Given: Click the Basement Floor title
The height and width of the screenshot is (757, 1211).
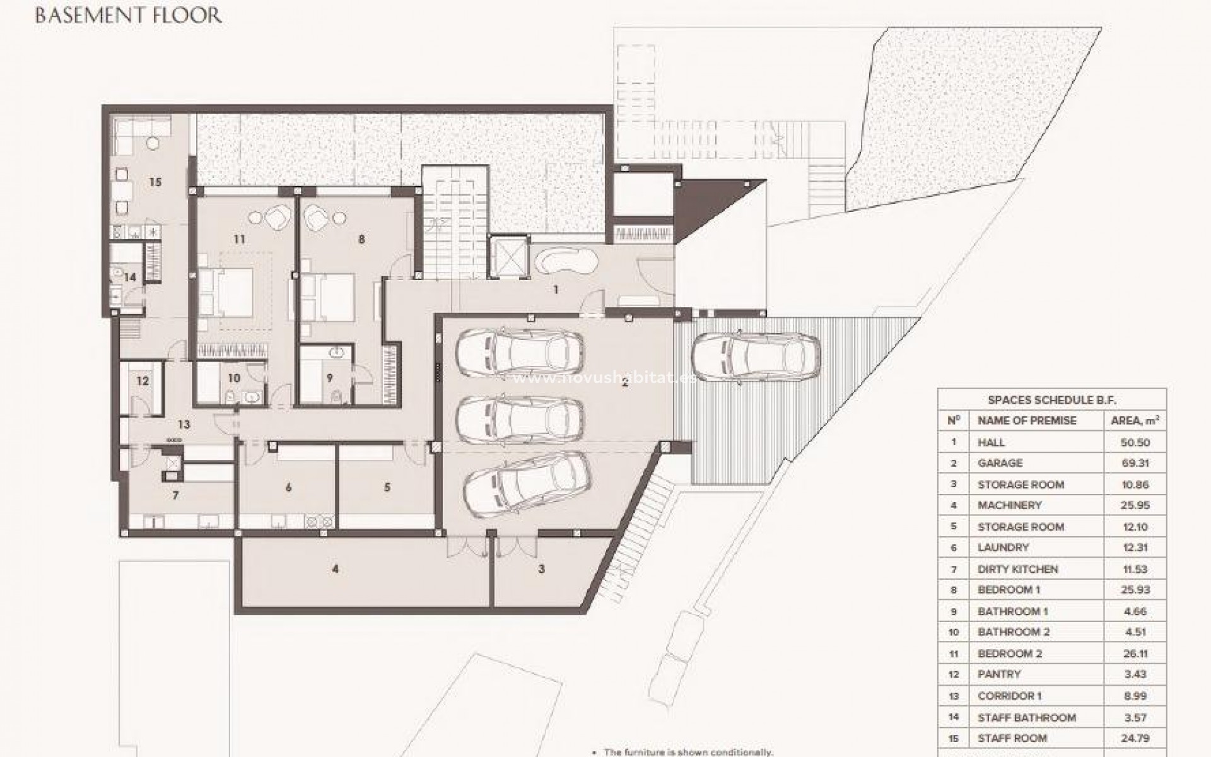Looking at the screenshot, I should click(128, 15).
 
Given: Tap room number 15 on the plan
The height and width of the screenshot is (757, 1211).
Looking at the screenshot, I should click(155, 182).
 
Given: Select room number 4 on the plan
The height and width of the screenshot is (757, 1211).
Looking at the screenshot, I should click(336, 569).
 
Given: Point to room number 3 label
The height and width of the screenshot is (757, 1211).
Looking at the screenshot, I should click(541, 569).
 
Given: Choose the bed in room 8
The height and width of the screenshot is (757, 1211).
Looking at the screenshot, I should click(328, 296).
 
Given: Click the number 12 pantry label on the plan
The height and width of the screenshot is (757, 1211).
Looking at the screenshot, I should click(143, 381).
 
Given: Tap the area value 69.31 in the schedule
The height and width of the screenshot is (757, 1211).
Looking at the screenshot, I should click(1135, 463).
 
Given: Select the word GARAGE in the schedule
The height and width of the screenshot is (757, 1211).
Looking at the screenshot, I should click(1000, 463).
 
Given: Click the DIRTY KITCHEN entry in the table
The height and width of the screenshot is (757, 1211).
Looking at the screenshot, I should click(1017, 569).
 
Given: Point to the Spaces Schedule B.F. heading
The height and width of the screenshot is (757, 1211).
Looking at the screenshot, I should click(1051, 400).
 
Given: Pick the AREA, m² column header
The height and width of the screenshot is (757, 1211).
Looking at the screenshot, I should click(1135, 421).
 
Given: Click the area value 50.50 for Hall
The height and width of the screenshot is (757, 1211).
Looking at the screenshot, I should click(1135, 442).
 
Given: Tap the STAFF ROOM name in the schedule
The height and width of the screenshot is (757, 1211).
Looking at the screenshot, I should click(1012, 738).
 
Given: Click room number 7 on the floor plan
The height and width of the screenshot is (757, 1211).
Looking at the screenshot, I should click(175, 496).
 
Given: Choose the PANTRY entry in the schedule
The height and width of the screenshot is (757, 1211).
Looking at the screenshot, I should click(999, 674).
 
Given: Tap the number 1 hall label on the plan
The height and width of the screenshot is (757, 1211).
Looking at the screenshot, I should click(556, 290).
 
